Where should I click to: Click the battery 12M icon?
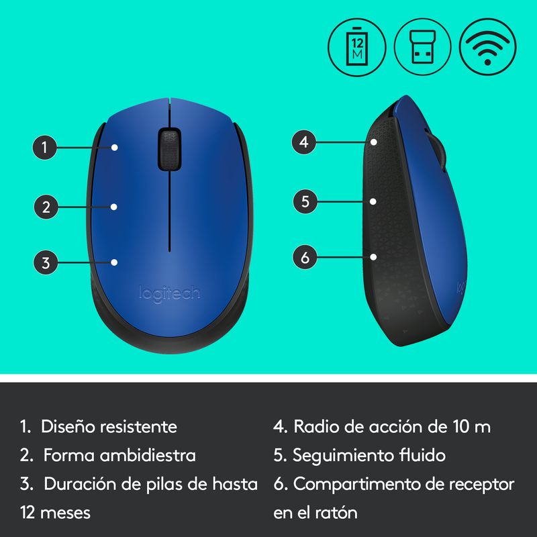[357, 47]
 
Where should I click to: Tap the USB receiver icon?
[423, 47]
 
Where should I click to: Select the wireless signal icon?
[488, 47]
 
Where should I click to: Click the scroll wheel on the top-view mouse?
[170, 149]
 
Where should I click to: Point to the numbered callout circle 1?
[44, 148]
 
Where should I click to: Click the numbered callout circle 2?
[46, 207]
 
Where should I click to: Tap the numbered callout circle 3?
[46, 262]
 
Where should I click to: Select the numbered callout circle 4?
[304, 142]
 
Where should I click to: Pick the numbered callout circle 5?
[305, 201]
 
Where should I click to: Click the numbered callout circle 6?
[305, 257]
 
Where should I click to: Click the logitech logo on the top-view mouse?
[170, 293]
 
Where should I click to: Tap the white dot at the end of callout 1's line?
[115, 147]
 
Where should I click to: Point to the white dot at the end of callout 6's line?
[374, 257]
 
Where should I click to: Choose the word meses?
[65, 513]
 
